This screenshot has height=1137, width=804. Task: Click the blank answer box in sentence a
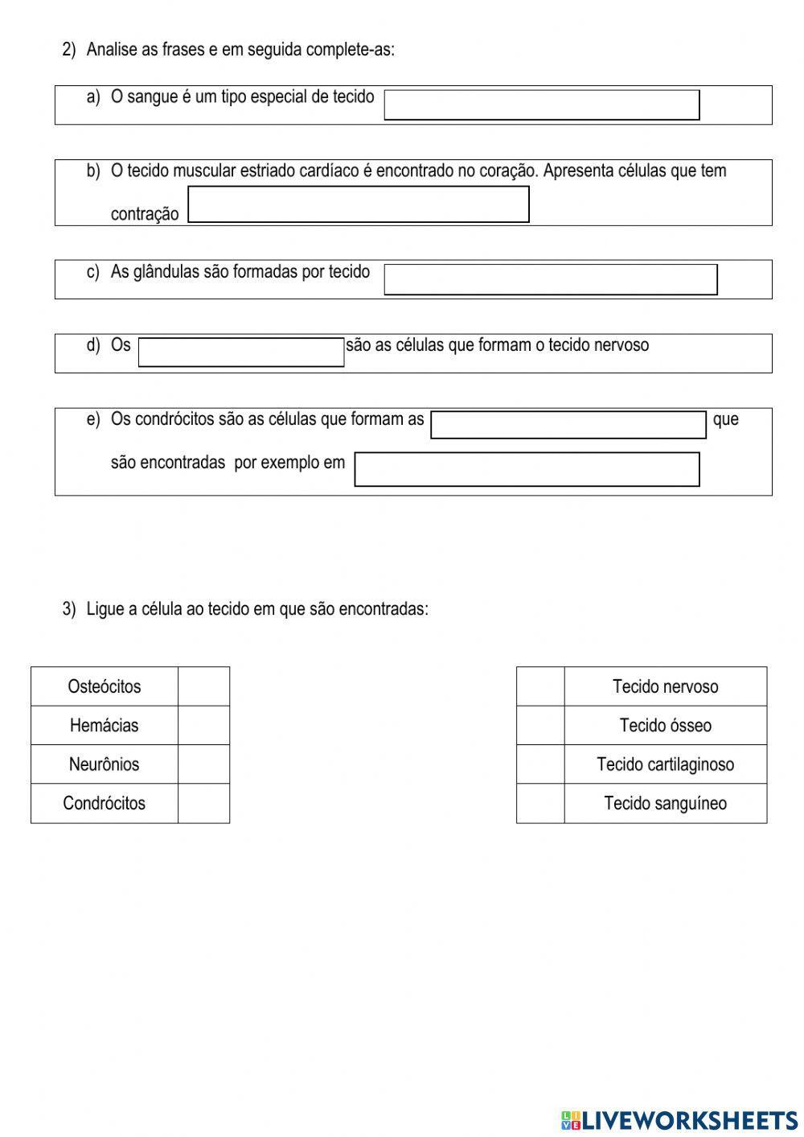click(x=541, y=105)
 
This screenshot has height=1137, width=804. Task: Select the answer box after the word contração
click(x=358, y=204)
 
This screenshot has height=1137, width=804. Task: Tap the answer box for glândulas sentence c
click(x=550, y=279)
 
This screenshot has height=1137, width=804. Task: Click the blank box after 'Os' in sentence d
click(x=241, y=352)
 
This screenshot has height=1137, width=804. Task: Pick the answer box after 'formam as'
click(x=568, y=425)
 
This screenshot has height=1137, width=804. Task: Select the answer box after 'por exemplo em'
click(x=527, y=469)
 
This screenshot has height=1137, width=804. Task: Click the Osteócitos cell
click(x=104, y=686)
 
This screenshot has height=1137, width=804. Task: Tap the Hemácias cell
click(x=104, y=725)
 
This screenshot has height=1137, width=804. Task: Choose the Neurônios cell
click(x=104, y=764)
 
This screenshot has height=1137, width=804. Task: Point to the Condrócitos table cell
click(x=104, y=803)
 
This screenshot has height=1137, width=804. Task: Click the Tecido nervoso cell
click(x=665, y=686)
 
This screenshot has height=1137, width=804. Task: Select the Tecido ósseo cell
click(x=665, y=725)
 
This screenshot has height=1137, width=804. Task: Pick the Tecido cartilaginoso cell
click(x=665, y=764)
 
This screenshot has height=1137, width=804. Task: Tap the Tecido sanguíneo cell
click(x=665, y=803)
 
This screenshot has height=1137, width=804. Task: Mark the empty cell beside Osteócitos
click(x=203, y=686)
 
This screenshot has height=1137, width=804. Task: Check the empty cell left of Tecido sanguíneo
click(x=540, y=803)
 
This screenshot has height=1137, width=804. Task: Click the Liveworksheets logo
click(x=679, y=1119)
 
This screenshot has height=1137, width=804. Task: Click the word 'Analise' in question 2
click(x=112, y=50)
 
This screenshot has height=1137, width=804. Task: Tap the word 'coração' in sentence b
click(x=510, y=171)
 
